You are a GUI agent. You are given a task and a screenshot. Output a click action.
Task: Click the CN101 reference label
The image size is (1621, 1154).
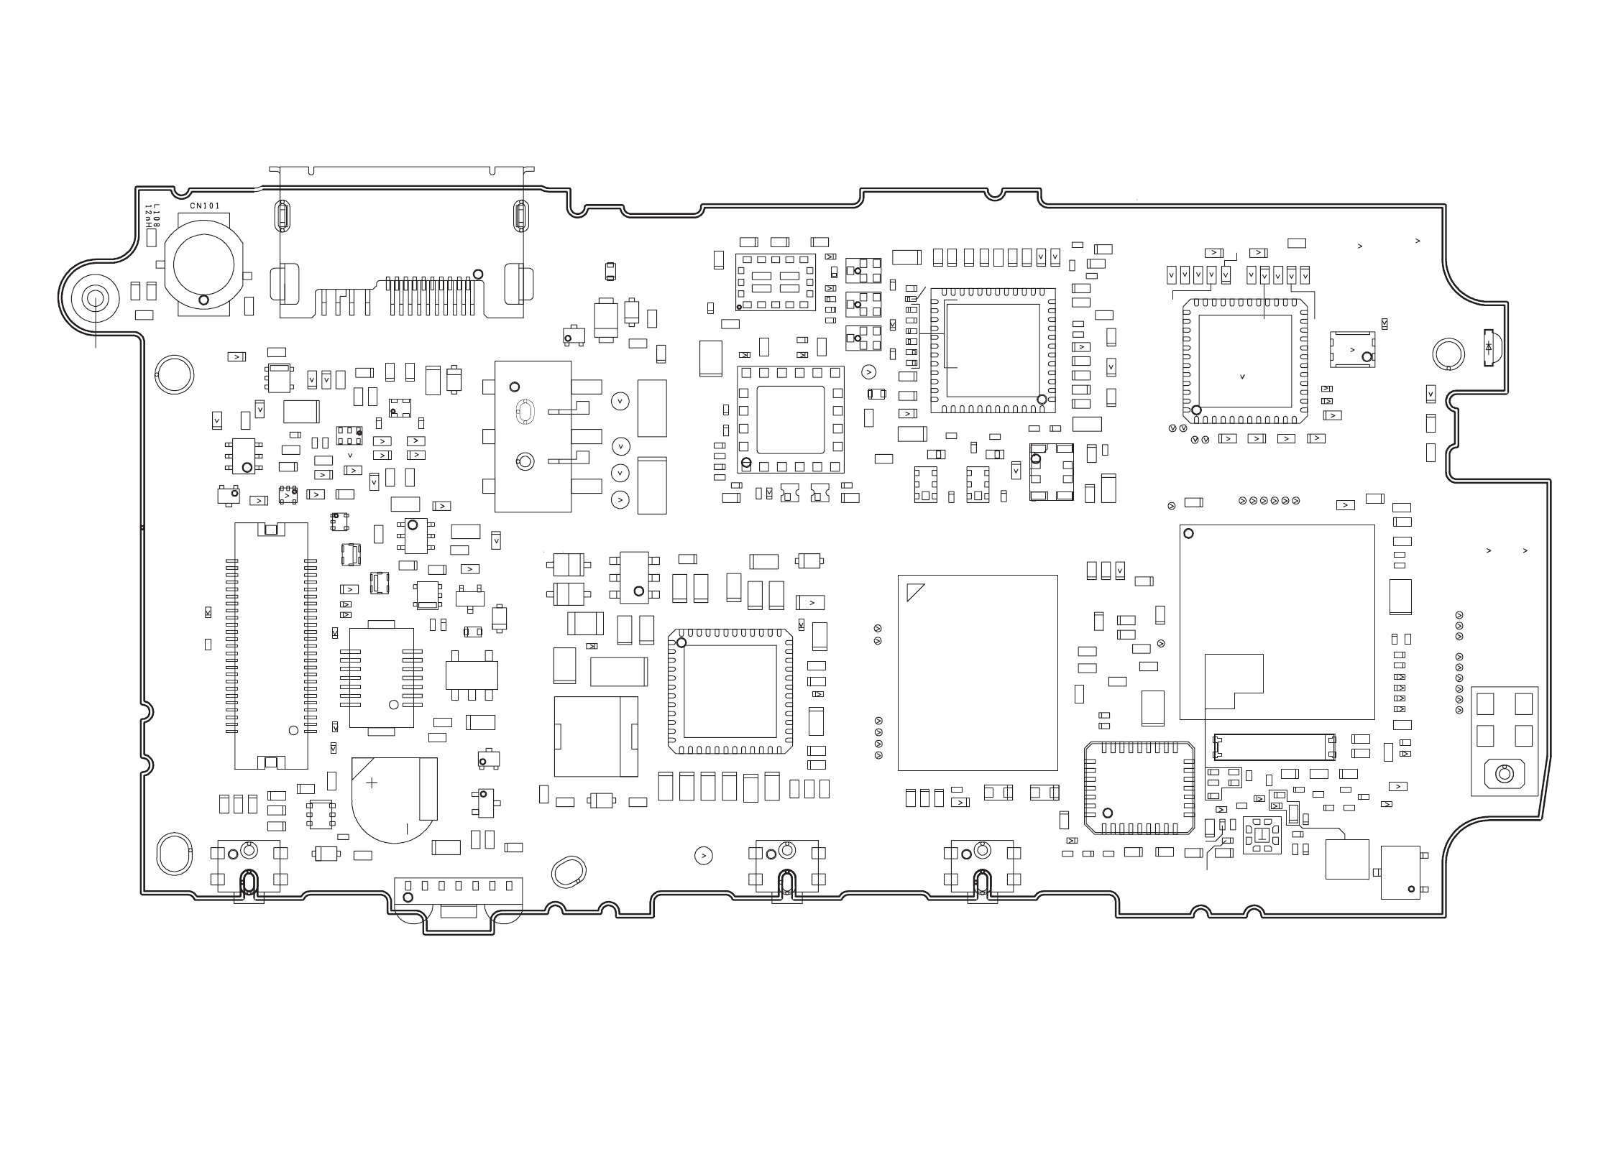[x=205, y=206]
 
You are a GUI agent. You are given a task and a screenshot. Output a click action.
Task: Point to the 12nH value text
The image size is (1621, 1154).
[x=148, y=215]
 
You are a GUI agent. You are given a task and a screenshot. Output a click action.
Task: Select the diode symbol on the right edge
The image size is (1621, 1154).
[x=1488, y=347]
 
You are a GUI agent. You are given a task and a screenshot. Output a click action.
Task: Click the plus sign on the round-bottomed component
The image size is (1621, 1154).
[x=372, y=783]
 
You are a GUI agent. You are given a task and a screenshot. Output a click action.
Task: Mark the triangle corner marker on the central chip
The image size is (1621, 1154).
[x=914, y=591]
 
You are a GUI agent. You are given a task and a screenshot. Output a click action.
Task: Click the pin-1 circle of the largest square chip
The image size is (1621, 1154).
[x=1188, y=533]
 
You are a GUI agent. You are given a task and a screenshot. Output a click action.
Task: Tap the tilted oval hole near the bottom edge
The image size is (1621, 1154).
[x=569, y=871]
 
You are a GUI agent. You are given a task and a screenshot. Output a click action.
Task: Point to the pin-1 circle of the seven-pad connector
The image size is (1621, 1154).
[x=408, y=897]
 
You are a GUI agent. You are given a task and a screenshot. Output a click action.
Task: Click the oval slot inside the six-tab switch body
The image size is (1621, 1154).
[x=525, y=411]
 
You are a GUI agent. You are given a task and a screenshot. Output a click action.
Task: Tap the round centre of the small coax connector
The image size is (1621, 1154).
[x=1503, y=774]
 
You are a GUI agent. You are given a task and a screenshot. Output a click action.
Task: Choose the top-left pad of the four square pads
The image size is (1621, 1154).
[x=1484, y=704]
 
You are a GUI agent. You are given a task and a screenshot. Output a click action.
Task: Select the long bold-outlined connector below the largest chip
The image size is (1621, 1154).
[x=1274, y=747]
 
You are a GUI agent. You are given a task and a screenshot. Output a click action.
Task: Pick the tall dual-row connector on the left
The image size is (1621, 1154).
[x=271, y=645]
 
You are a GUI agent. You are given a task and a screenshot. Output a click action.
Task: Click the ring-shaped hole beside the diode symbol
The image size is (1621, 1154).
[x=1448, y=354]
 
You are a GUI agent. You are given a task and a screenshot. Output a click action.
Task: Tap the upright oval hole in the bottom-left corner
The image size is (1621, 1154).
[x=173, y=854]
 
